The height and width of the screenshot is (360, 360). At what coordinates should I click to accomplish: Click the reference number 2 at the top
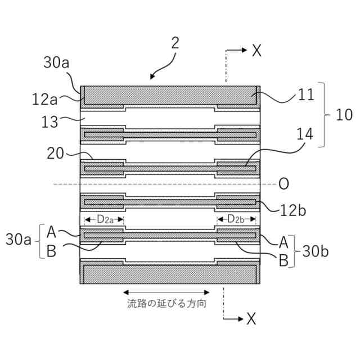tap(175, 44)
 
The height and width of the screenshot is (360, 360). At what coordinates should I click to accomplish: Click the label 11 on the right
tap(305, 96)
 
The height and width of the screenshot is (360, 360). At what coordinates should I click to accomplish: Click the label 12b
tap(294, 209)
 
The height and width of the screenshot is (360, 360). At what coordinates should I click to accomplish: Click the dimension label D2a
tap(103, 219)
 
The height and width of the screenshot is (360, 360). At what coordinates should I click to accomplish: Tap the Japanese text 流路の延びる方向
tap(166, 304)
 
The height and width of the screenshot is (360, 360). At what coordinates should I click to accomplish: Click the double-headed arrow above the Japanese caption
tap(166, 292)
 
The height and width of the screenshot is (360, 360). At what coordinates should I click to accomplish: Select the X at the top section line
tap(256, 51)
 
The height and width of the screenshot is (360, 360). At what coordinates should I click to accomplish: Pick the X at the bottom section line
tap(251, 319)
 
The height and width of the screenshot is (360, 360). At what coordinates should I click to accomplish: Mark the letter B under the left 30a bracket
tap(51, 251)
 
